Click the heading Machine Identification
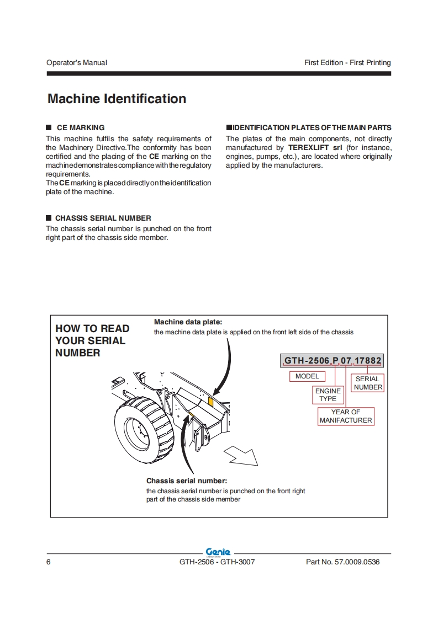[x=117, y=99]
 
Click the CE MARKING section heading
[x=80, y=127]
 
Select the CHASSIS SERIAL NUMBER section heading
[x=103, y=218]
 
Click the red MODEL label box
[x=307, y=376]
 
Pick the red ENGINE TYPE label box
[x=328, y=394]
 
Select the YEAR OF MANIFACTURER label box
[x=346, y=416]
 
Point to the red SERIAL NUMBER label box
[x=368, y=383]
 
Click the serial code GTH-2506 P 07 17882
[x=333, y=361]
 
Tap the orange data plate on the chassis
[x=210, y=400]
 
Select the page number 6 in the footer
[x=49, y=562]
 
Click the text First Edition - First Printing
[x=347, y=63]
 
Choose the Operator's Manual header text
[x=77, y=63]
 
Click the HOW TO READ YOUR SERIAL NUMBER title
[x=92, y=340]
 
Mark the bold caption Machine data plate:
[x=188, y=322]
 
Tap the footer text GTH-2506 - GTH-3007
[x=217, y=562]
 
